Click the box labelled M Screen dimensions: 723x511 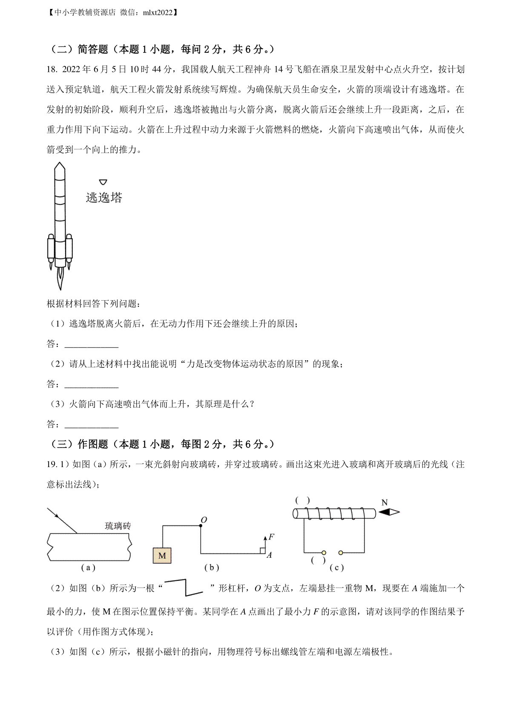point(162,555)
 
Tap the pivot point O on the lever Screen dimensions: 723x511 point(201,526)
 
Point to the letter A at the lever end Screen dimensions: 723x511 point(269,555)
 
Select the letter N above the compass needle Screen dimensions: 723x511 point(385,502)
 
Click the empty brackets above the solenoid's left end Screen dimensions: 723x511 point(302,500)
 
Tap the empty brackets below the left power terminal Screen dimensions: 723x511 point(318,560)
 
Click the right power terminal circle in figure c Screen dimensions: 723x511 point(341,553)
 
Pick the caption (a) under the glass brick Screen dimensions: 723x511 point(88,568)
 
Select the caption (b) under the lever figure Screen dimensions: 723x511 point(211,568)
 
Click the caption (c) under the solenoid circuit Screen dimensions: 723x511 point(336,568)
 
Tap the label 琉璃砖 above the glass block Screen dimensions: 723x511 point(118,526)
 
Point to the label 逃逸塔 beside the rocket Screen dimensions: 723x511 point(104,198)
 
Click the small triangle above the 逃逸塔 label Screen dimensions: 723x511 point(103,182)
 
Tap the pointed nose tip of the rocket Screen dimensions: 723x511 point(60,164)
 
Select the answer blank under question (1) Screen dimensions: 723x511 point(91,344)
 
